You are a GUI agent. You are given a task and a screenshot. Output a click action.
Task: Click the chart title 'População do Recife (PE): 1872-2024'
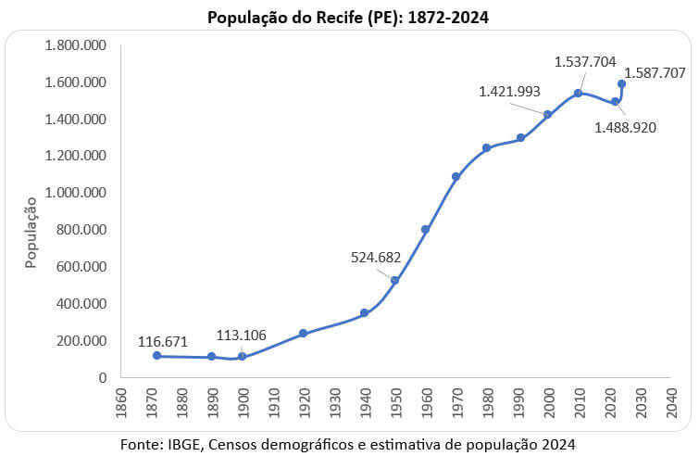tap(348, 17)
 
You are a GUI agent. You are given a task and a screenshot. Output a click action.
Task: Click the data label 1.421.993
tap(509, 92)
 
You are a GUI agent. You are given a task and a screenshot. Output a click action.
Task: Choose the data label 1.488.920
tap(625, 127)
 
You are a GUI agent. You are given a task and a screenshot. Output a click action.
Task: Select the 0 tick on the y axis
tap(102, 377)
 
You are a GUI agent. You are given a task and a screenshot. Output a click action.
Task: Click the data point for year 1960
tap(425, 229)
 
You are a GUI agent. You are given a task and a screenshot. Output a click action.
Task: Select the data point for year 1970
tap(456, 176)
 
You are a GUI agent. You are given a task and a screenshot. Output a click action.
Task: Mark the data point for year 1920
tap(303, 333)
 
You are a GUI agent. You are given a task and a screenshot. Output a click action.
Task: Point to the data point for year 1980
tap(486, 147)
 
